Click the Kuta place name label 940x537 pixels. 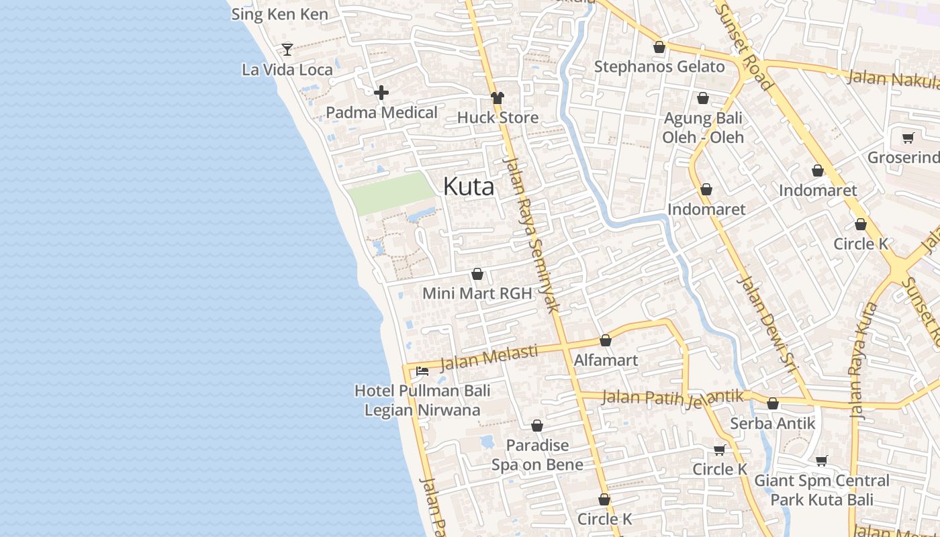[x=469, y=187]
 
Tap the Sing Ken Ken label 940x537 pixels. [x=280, y=14]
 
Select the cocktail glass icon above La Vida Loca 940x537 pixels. [x=287, y=49]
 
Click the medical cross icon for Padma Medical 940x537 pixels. [x=381, y=93]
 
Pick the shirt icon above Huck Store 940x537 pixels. [x=497, y=97]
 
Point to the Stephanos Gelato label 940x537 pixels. [x=659, y=66]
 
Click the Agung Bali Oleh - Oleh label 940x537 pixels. [x=703, y=128]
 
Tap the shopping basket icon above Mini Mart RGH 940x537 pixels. [x=477, y=274]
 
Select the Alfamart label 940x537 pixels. [x=606, y=360]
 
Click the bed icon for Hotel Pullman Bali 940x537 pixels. [x=422, y=371]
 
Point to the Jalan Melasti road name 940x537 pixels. [x=489, y=358]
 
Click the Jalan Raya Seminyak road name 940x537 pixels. [x=532, y=235]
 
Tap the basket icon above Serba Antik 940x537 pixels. [x=773, y=403]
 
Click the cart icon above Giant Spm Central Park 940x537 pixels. [x=822, y=460]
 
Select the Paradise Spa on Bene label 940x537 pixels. [x=537, y=454]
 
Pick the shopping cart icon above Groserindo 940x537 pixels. [x=908, y=138]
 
